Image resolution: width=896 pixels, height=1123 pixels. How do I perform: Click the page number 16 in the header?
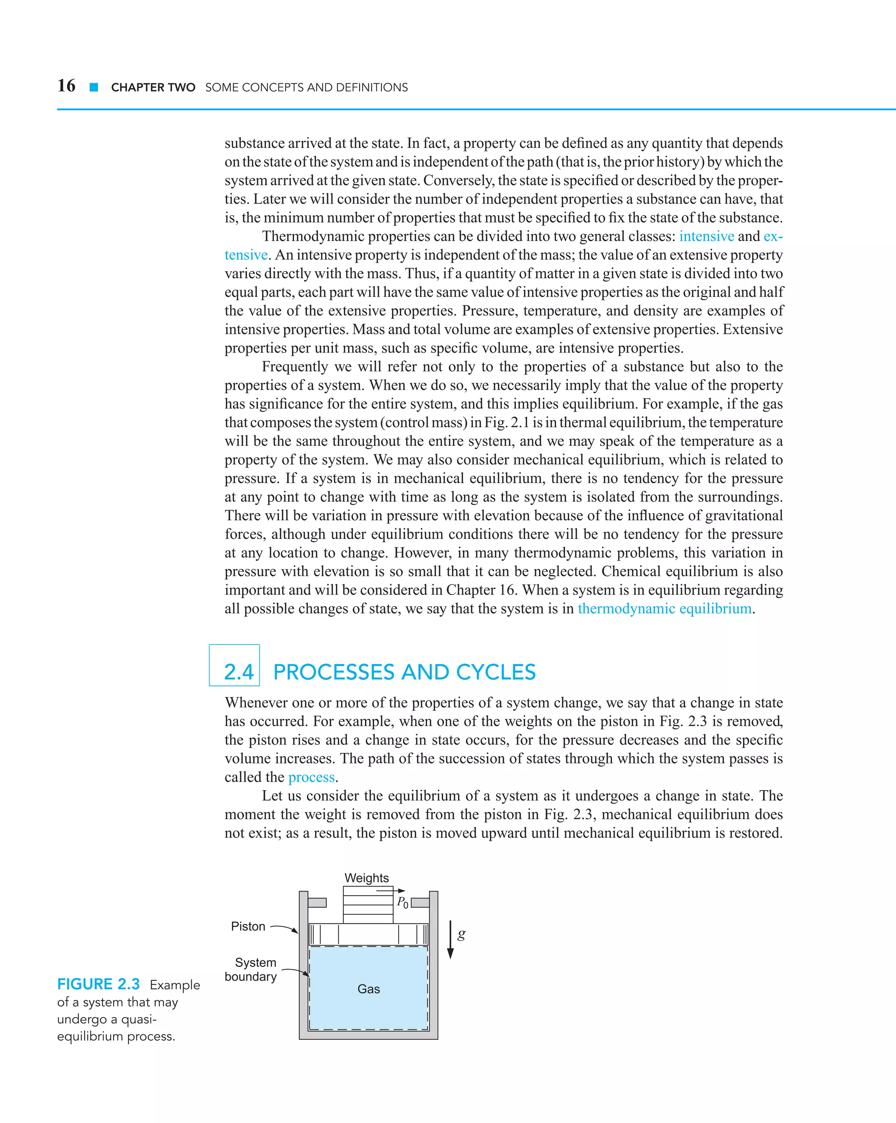(66, 85)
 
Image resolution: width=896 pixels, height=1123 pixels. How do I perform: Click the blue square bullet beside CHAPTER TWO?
(94, 87)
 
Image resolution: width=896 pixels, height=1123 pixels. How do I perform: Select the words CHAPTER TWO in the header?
(153, 87)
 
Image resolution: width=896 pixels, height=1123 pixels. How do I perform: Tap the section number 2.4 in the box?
(238, 672)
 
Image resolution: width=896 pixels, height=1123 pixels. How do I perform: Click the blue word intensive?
(707, 237)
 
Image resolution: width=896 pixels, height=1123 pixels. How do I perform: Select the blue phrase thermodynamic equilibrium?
(664, 609)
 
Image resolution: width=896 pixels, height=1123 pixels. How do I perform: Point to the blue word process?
(311, 777)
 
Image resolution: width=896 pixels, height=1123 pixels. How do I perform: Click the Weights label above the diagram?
(366, 878)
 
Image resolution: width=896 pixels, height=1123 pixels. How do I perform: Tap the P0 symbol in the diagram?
(402, 902)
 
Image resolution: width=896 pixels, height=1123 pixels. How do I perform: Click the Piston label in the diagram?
(248, 926)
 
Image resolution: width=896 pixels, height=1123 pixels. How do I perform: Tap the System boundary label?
(251, 969)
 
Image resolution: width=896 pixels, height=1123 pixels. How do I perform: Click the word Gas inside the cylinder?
(368, 989)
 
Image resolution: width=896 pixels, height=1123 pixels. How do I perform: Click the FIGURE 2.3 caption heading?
(98, 984)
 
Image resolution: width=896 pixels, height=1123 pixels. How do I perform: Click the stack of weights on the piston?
(368, 905)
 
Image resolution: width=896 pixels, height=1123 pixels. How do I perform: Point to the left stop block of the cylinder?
(317, 903)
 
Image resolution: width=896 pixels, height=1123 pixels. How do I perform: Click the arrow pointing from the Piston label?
(284, 928)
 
